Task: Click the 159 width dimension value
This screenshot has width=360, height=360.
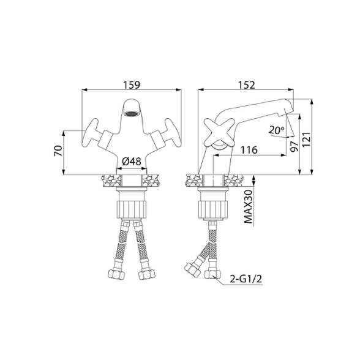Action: pos(132,84)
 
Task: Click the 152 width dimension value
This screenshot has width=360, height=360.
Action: pos(246,85)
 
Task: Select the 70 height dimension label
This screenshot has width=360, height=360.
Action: pos(58,151)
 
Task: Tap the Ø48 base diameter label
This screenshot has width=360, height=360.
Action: pos(131,162)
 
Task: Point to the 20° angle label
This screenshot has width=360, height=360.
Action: pos(277,130)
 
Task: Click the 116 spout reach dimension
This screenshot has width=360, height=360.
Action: pos(249,150)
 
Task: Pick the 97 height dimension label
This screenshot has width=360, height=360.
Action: pos(294,146)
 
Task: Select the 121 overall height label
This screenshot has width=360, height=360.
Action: pos(307,140)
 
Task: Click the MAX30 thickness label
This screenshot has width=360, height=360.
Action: pos(248,207)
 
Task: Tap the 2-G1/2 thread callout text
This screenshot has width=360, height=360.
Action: pos(246,279)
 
